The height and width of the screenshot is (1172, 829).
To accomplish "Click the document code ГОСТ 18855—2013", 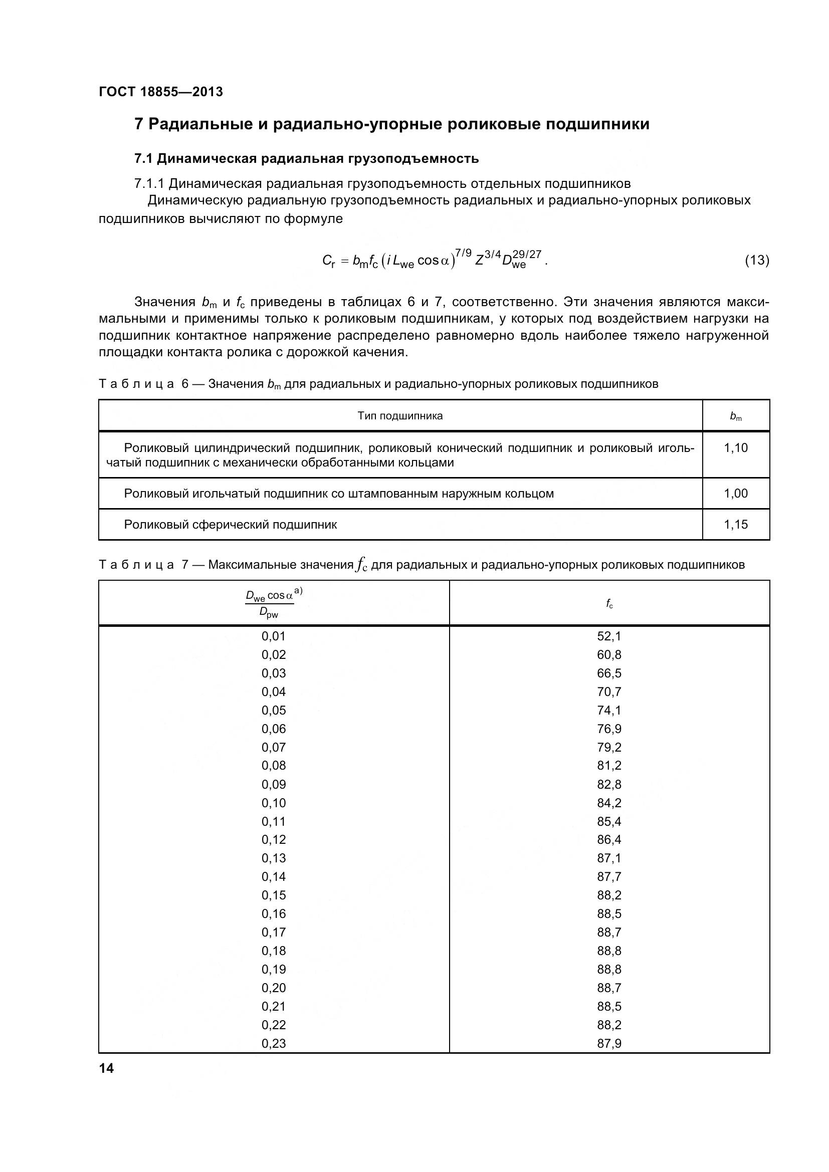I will point(161,92).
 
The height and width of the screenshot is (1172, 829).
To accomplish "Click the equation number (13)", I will point(756,261).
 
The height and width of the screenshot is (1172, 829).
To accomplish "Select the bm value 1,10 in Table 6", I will point(736,448).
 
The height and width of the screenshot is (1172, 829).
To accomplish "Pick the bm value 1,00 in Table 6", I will point(736,494).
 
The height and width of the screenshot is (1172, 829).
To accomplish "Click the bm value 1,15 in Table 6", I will point(736,525).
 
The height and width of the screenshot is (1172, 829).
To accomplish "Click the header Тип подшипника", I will point(399,416).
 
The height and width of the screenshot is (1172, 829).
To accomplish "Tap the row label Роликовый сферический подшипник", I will point(230,525).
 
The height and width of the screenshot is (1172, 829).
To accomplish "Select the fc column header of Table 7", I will point(609,604).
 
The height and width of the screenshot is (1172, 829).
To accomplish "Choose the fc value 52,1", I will point(609,636).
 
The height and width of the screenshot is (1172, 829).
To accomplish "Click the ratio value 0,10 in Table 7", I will point(274,803).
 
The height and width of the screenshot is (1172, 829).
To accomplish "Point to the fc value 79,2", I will point(609,747).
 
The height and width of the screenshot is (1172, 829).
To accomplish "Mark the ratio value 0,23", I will point(274,1043).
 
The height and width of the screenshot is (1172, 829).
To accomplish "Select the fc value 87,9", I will point(609,1043).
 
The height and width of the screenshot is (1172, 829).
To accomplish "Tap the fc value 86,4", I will point(609,840).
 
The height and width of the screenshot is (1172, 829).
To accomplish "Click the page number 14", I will point(107,1068).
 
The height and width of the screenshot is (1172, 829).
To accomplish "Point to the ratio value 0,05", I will point(274,711).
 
